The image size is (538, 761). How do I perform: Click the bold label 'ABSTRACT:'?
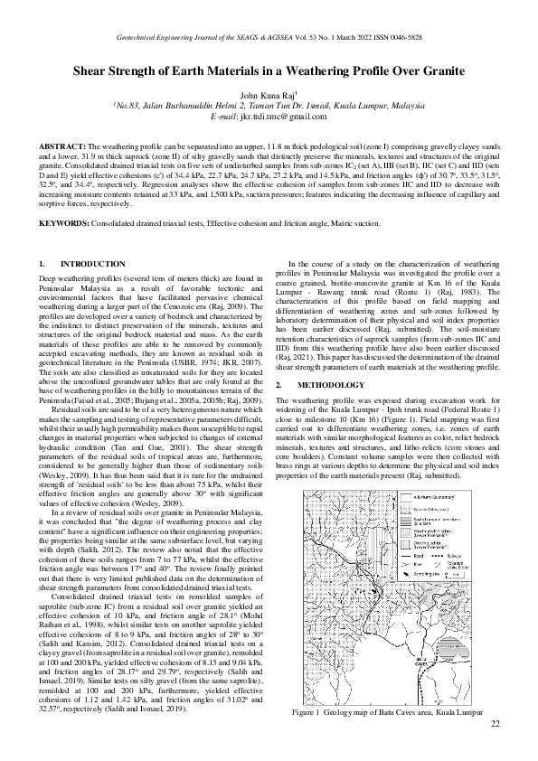coord(62,146)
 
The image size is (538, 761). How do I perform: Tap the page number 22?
coord(494,724)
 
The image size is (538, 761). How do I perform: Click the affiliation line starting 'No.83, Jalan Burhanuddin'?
coord(269,106)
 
